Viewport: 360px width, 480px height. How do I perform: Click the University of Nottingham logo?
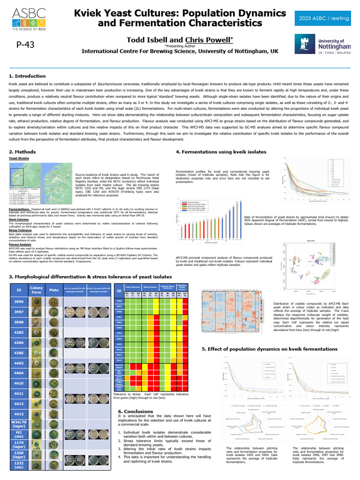click(x=322, y=45)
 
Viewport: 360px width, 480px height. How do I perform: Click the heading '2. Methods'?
click(x=22, y=152)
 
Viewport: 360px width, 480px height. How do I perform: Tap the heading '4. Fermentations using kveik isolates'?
click(x=221, y=152)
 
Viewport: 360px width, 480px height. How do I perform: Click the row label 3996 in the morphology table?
click(x=18, y=301)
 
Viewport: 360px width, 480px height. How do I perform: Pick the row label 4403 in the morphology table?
click(x=18, y=363)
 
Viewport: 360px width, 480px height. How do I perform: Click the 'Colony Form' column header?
click(x=36, y=290)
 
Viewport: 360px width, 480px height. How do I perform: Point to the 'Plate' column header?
click(x=54, y=290)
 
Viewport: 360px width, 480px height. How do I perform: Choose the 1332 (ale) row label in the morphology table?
click(x=18, y=465)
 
